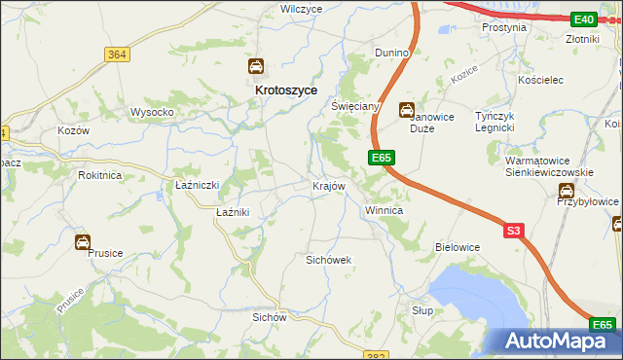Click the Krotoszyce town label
pyautogui.click(x=260, y=90)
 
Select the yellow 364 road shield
pyautogui.click(x=118, y=54)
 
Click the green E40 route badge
pyautogui.click(x=583, y=19)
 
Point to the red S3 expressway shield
pyautogui.click(x=515, y=231)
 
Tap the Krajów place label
pyautogui.click(x=328, y=186)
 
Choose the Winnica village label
pyautogui.click(x=384, y=210)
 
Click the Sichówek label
pyautogui.click(x=328, y=261)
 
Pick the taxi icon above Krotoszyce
pyautogui.click(x=255, y=67)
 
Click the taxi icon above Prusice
pyautogui.click(x=84, y=242)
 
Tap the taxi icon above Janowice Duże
pyautogui.click(x=407, y=110)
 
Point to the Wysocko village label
pyautogui.click(x=152, y=112)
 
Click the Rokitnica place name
pyautogui.click(x=101, y=175)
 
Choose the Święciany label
pyautogui.click(x=354, y=105)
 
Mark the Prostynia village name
pyautogui.click(x=504, y=28)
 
